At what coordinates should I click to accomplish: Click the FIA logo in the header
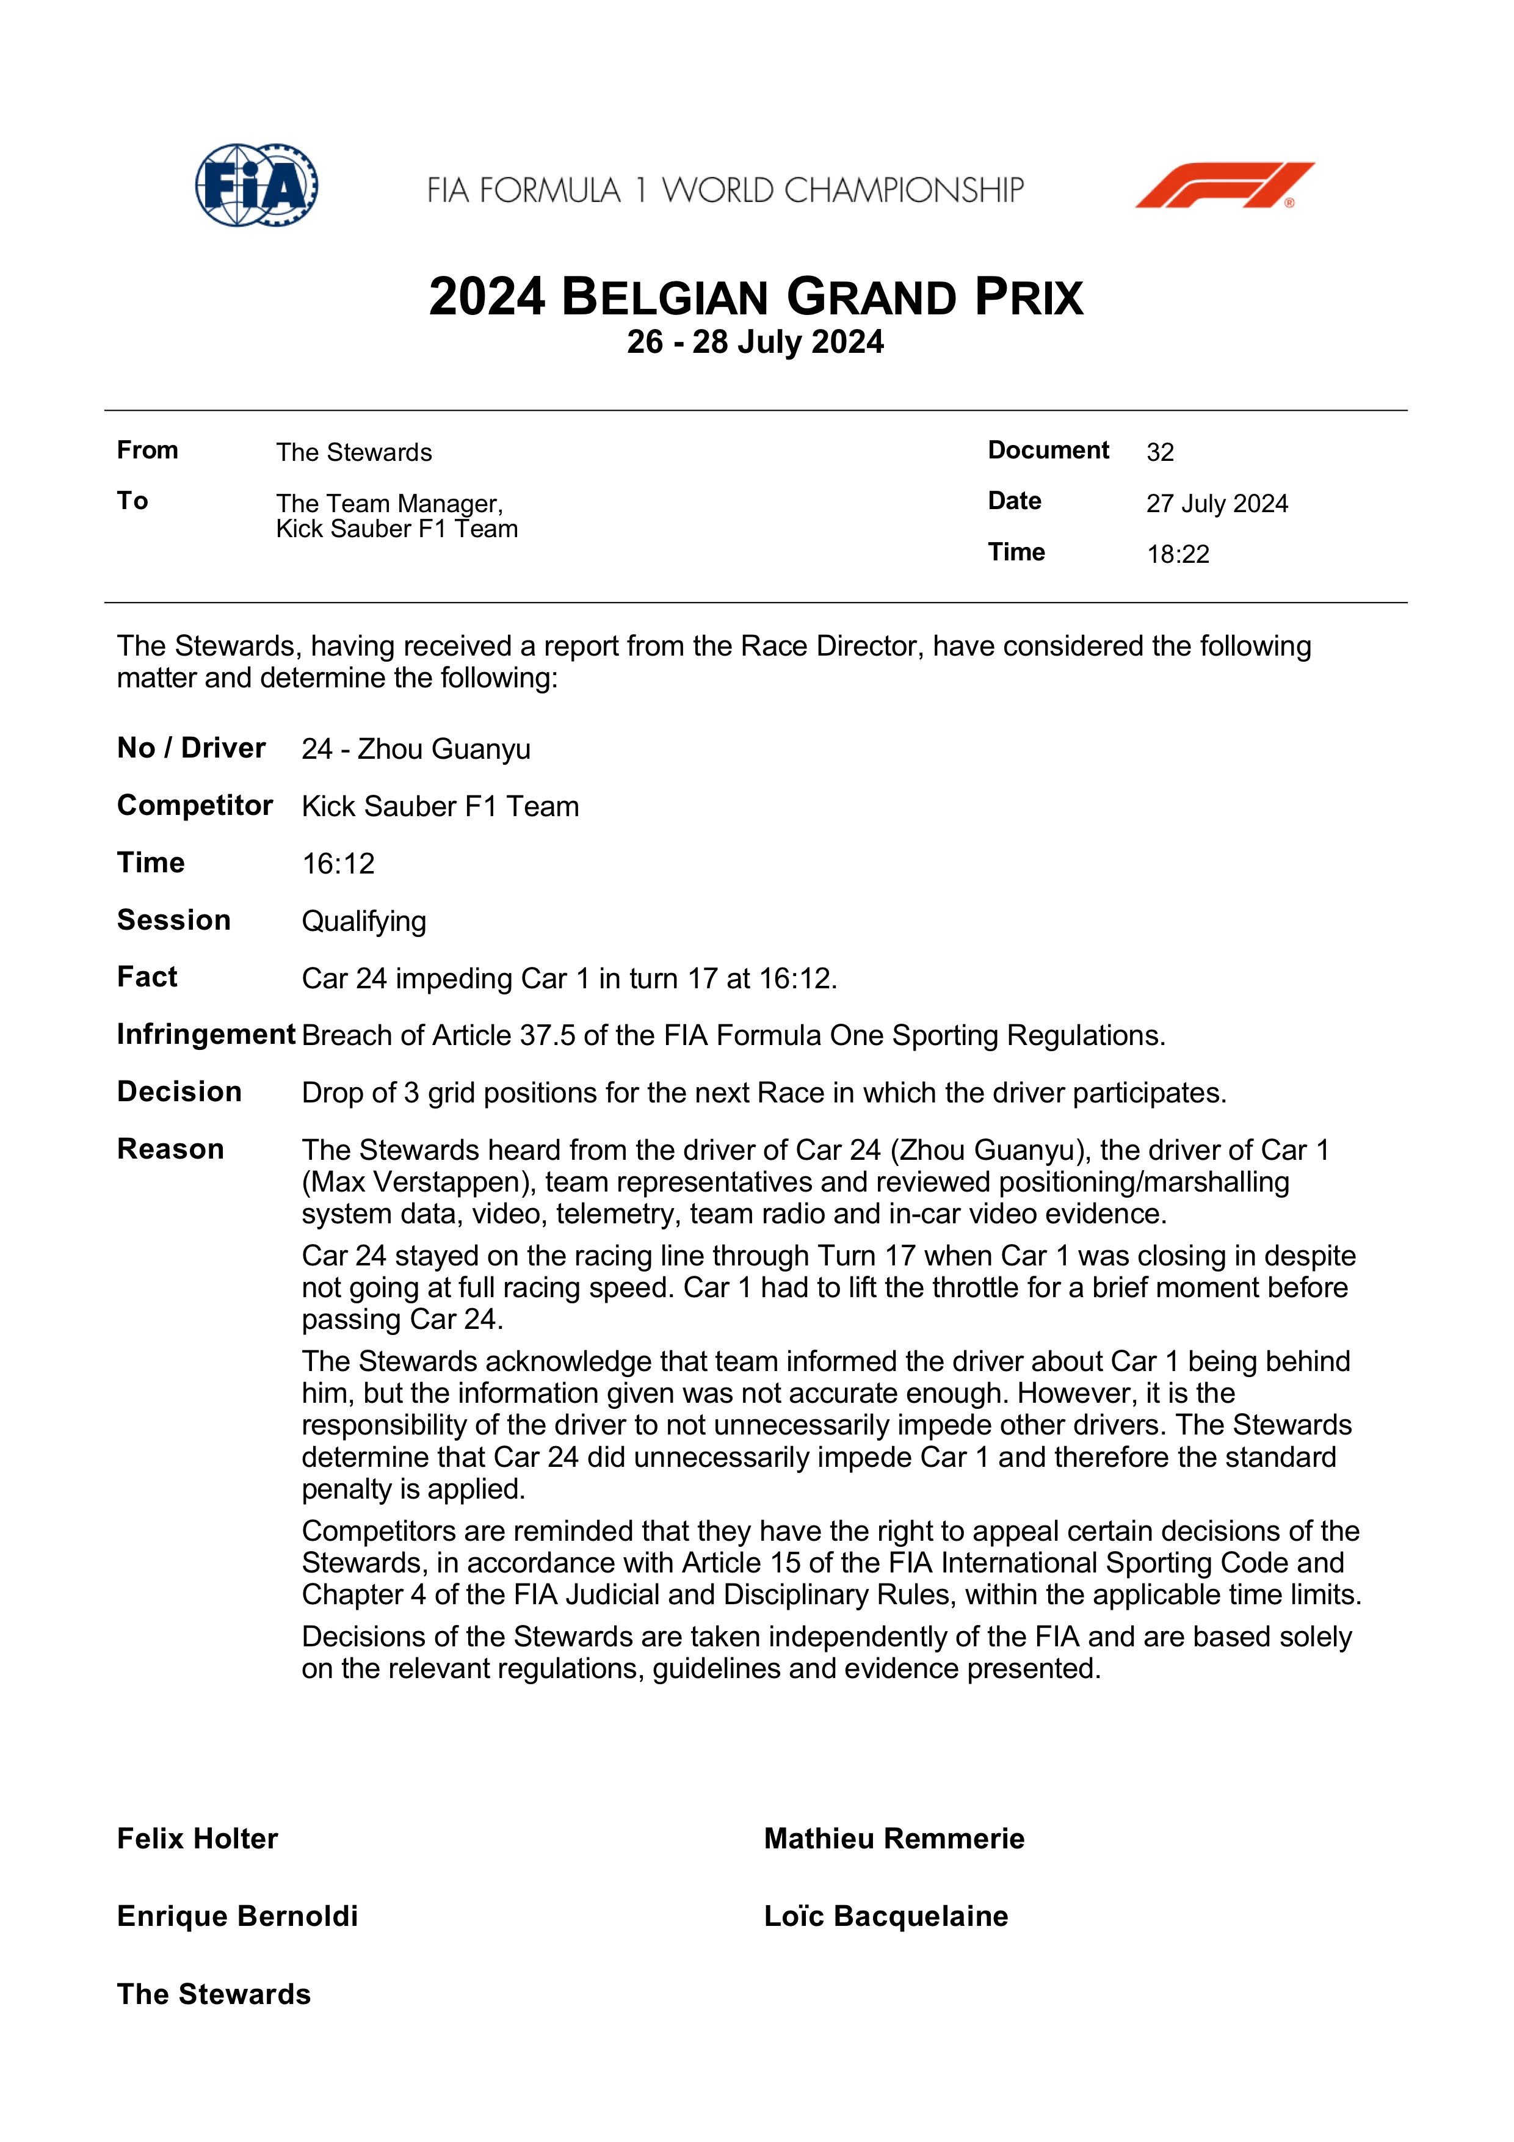256,185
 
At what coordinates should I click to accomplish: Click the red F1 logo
1224,185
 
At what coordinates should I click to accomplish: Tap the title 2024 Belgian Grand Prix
756,298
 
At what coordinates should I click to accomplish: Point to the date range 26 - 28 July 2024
756,342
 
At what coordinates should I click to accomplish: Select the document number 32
1159,452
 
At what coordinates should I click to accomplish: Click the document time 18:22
1177,554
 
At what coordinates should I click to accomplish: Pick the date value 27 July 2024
1217,504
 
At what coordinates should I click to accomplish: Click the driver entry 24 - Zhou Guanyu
416,749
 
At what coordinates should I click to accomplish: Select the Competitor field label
195,805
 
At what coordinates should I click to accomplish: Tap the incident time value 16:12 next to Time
338,864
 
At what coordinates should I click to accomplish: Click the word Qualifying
364,922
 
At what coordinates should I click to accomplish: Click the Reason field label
171,1149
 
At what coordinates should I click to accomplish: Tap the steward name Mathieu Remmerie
894,1839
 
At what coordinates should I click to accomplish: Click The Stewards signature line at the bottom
214,1995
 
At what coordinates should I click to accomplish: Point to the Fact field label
147,977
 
